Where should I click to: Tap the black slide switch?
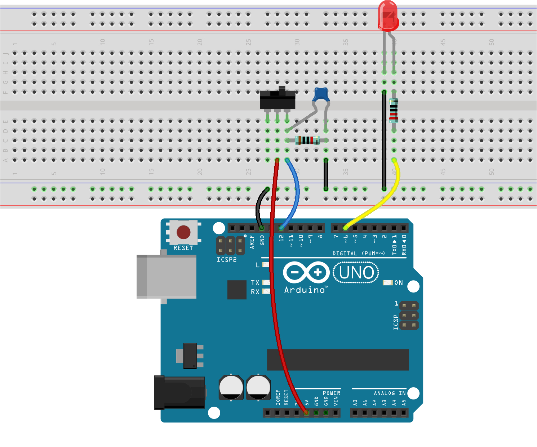point(278,100)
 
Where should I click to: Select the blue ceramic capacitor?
point(321,95)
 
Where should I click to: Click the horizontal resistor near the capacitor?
point(307,140)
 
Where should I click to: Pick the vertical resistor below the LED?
point(394,111)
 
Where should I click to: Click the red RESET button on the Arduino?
point(183,232)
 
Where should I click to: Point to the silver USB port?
point(167,277)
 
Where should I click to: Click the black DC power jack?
point(179,392)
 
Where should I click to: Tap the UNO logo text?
point(356,273)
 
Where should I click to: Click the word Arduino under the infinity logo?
point(305,290)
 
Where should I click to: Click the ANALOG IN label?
point(390,393)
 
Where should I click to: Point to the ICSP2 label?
point(227,259)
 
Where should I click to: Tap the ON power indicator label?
point(399,283)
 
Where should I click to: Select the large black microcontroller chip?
point(338,359)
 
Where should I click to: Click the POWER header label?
point(331,393)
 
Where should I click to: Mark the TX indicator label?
point(255,283)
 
